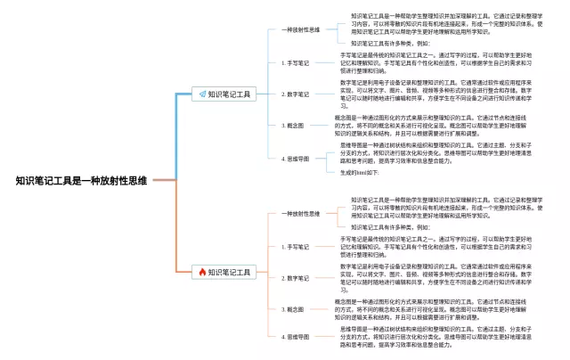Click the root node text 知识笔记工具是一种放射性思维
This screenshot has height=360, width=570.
[x=81, y=180]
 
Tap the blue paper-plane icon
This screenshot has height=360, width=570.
[x=202, y=94]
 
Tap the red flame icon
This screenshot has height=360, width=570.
[x=202, y=272]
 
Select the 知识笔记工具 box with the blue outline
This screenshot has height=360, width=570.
[x=228, y=94]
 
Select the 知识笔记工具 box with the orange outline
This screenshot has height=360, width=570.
[x=228, y=272]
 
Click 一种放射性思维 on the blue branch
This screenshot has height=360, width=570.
[x=300, y=29]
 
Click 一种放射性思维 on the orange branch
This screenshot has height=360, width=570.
[x=300, y=214]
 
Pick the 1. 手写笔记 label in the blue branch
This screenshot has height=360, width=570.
[x=297, y=63]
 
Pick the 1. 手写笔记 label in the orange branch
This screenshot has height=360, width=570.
[x=297, y=247]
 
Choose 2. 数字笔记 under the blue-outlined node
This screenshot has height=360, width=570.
[x=297, y=94]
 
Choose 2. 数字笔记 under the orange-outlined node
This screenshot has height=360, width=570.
[x=297, y=278]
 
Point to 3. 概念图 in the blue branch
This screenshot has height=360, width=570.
[x=294, y=126]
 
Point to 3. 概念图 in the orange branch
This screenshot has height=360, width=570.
[x=294, y=308]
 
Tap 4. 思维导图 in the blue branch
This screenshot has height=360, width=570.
[x=297, y=158]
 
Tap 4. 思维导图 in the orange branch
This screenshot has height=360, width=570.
[x=297, y=337]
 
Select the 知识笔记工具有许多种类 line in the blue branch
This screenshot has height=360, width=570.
[x=389, y=43]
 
